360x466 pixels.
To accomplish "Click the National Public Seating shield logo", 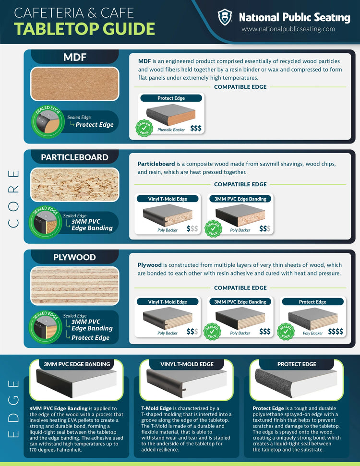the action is tap(225, 17).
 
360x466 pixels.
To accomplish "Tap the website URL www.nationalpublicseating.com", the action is tap(288, 29).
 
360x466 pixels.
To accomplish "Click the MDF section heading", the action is tap(74, 57).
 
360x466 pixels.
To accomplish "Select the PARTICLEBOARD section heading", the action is tap(74, 157).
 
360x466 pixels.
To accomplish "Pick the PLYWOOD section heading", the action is tap(74, 257).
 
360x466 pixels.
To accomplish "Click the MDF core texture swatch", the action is tap(74, 84).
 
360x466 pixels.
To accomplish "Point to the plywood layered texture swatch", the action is tap(74, 286).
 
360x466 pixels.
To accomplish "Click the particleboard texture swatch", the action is tap(74, 185).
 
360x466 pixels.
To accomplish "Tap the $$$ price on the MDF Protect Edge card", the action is tap(196, 128).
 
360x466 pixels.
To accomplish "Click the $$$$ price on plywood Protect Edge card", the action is tap(336, 331).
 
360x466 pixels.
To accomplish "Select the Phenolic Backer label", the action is tap(171, 130).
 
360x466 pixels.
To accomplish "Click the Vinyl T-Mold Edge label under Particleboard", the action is tap(168, 199).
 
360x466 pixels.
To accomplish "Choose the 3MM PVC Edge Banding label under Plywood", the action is tap(240, 302).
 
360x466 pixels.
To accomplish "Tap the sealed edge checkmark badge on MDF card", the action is tap(144, 128).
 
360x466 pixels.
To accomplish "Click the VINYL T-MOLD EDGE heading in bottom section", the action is tap(187, 364).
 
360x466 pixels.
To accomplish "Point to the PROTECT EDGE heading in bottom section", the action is tap(297, 364).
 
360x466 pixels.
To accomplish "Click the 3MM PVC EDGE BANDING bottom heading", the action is tap(77, 364).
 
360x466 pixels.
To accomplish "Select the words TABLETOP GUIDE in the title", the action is tap(84, 29).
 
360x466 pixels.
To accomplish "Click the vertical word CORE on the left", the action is tap(13, 199).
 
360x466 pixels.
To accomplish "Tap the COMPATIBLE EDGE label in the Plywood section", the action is tap(240, 287).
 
